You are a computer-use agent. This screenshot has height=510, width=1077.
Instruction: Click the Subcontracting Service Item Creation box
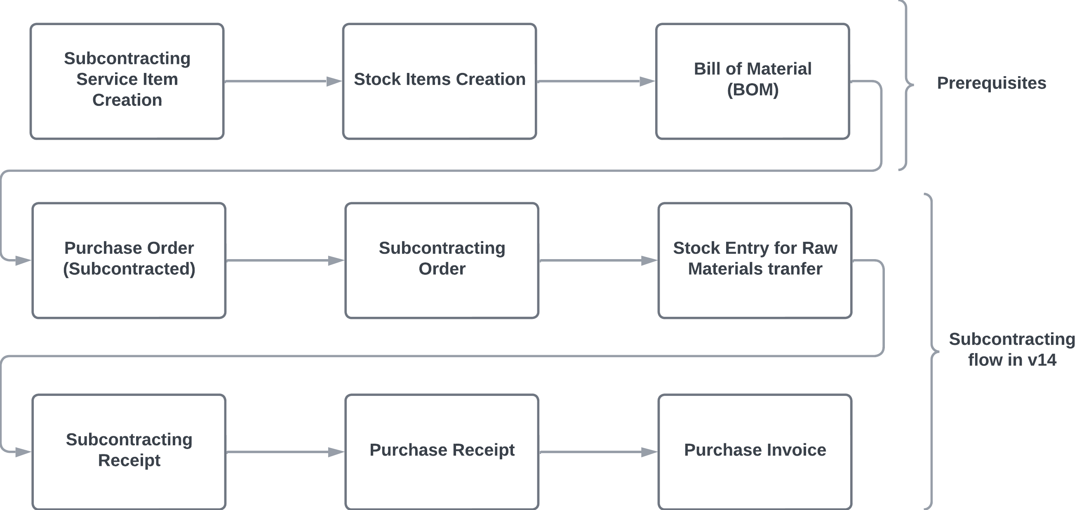point(127,81)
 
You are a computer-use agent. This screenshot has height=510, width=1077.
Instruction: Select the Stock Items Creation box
point(440,81)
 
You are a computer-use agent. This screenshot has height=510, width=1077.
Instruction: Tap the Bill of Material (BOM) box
point(752,81)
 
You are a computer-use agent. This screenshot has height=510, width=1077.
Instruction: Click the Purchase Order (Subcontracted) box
point(129,260)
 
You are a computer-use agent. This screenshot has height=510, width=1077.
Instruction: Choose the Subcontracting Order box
point(442,260)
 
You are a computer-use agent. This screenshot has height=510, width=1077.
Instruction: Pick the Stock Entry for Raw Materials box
point(755,260)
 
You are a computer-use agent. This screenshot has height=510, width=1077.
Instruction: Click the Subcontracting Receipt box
point(129,452)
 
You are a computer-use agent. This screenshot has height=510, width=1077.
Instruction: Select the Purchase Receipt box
point(442,452)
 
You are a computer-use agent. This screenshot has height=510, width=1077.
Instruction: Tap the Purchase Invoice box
point(755,452)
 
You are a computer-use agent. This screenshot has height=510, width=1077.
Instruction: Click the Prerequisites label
point(991,83)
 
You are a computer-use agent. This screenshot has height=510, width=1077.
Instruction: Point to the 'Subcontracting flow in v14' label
point(1012,350)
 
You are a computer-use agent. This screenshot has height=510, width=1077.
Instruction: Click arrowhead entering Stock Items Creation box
point(334,81)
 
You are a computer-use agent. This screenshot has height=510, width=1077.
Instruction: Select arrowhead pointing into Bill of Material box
point(647,81)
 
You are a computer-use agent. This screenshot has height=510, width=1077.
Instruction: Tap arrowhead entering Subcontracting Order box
point(336,260)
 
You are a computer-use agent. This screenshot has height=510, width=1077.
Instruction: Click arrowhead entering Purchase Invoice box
point(649,452)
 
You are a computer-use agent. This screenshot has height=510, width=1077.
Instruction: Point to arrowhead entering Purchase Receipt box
point(336,452)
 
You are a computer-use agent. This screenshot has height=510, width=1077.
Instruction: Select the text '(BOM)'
point(752,90)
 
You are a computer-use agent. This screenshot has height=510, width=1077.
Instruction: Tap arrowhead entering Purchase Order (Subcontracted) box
point(23,261)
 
